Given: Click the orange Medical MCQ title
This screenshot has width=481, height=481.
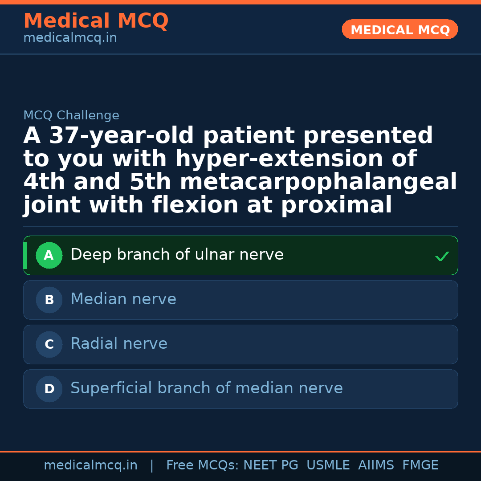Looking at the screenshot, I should (x=96, y=21).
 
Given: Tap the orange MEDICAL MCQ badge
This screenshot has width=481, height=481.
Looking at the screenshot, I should (x=400, y=29).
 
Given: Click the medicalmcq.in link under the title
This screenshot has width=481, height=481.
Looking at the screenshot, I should (x=70, y=38).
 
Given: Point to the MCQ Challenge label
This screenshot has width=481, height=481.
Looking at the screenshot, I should (x=71, y=116).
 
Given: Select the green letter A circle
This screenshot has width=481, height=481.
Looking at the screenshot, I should (x=49, y=256).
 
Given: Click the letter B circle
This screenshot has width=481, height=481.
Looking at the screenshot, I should (x=49, y=300).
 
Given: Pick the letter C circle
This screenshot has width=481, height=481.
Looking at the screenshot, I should (x=49, y=345).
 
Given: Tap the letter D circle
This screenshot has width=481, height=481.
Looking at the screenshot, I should (x=49, y=389).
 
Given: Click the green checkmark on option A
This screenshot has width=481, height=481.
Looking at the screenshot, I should (x=442, y=256).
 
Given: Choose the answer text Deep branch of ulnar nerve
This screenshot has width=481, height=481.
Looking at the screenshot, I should (x=177, y=255).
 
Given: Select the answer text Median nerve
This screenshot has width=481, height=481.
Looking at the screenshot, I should (x=123, y=299).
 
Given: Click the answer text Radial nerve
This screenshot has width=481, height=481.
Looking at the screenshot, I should (x=119, y=344).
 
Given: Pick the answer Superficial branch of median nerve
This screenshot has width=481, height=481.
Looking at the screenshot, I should (x=207, y=388).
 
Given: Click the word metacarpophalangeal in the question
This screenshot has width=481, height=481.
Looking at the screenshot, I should (x=318, y=183).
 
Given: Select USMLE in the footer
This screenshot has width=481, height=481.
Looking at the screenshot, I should (x=328, y=465).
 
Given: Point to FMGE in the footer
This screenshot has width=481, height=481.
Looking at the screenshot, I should (x=420, y=465).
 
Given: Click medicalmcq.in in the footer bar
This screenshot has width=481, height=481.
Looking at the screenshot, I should (x=90, y=465).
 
